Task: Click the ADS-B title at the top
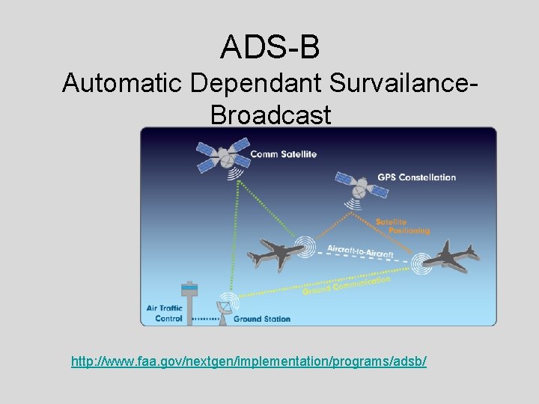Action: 269,46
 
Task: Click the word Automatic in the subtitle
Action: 123,83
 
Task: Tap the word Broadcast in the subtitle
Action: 270,115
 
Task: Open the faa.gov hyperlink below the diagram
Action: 249,361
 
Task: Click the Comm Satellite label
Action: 283,154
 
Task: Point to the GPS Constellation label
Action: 416,177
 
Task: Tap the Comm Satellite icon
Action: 222,155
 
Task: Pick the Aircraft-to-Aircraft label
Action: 360,251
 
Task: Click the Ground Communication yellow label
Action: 347,284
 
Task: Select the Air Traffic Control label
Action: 165,313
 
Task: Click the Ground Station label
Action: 262,319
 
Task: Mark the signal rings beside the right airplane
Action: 422,261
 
